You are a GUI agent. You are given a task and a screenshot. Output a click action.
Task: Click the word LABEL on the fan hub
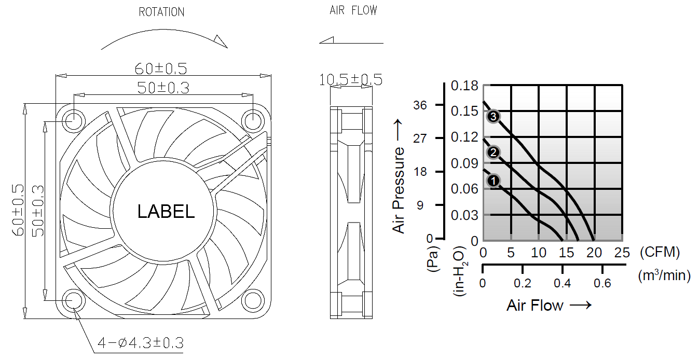pyautogui.click(x=166, y=211)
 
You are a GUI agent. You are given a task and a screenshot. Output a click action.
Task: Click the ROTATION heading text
pyautogui.click(x=161, y=11)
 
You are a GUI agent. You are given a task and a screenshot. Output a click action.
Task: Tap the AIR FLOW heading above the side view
pyautogui.click(x=353, y=10)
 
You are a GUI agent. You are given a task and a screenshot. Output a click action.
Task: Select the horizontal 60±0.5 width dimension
pyautogui.click(x=161, y=68)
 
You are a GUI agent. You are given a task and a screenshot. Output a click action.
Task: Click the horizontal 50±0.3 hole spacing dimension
pyautogui.click(x=163, y=87)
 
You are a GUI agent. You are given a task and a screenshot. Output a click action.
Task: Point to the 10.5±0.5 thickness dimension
pyautogui.click(x=351, y=80)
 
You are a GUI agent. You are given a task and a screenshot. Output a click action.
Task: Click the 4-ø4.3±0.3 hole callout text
pyautogui.click(x=141, y=343)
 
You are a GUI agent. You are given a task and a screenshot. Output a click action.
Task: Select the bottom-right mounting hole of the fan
pyautogui.click(x=253, y=300)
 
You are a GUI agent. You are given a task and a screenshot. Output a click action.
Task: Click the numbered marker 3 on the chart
pyautogui.click(x=493, y=116)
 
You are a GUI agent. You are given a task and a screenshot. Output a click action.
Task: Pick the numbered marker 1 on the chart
pyautogui.click(x=493, y=181)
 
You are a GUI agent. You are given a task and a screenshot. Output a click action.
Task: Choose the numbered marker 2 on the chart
pyautogui.click(x=493, y=152)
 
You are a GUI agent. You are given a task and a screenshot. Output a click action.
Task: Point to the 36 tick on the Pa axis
pyautogui.click(x=420, y=105)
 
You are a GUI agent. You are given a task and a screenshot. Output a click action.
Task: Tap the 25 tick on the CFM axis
pyautogui.click(x=622, y=253)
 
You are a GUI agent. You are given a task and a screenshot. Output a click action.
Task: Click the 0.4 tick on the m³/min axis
pyautogui.click(x=562, y=283)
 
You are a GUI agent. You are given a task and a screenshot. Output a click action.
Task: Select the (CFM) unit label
pyautogui.click(x=660, y=253)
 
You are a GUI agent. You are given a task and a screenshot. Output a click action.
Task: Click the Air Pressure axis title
pyautogui.click(x=399, y=176)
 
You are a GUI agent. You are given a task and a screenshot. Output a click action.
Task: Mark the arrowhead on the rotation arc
pyautogui.click(x=220, y=41)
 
